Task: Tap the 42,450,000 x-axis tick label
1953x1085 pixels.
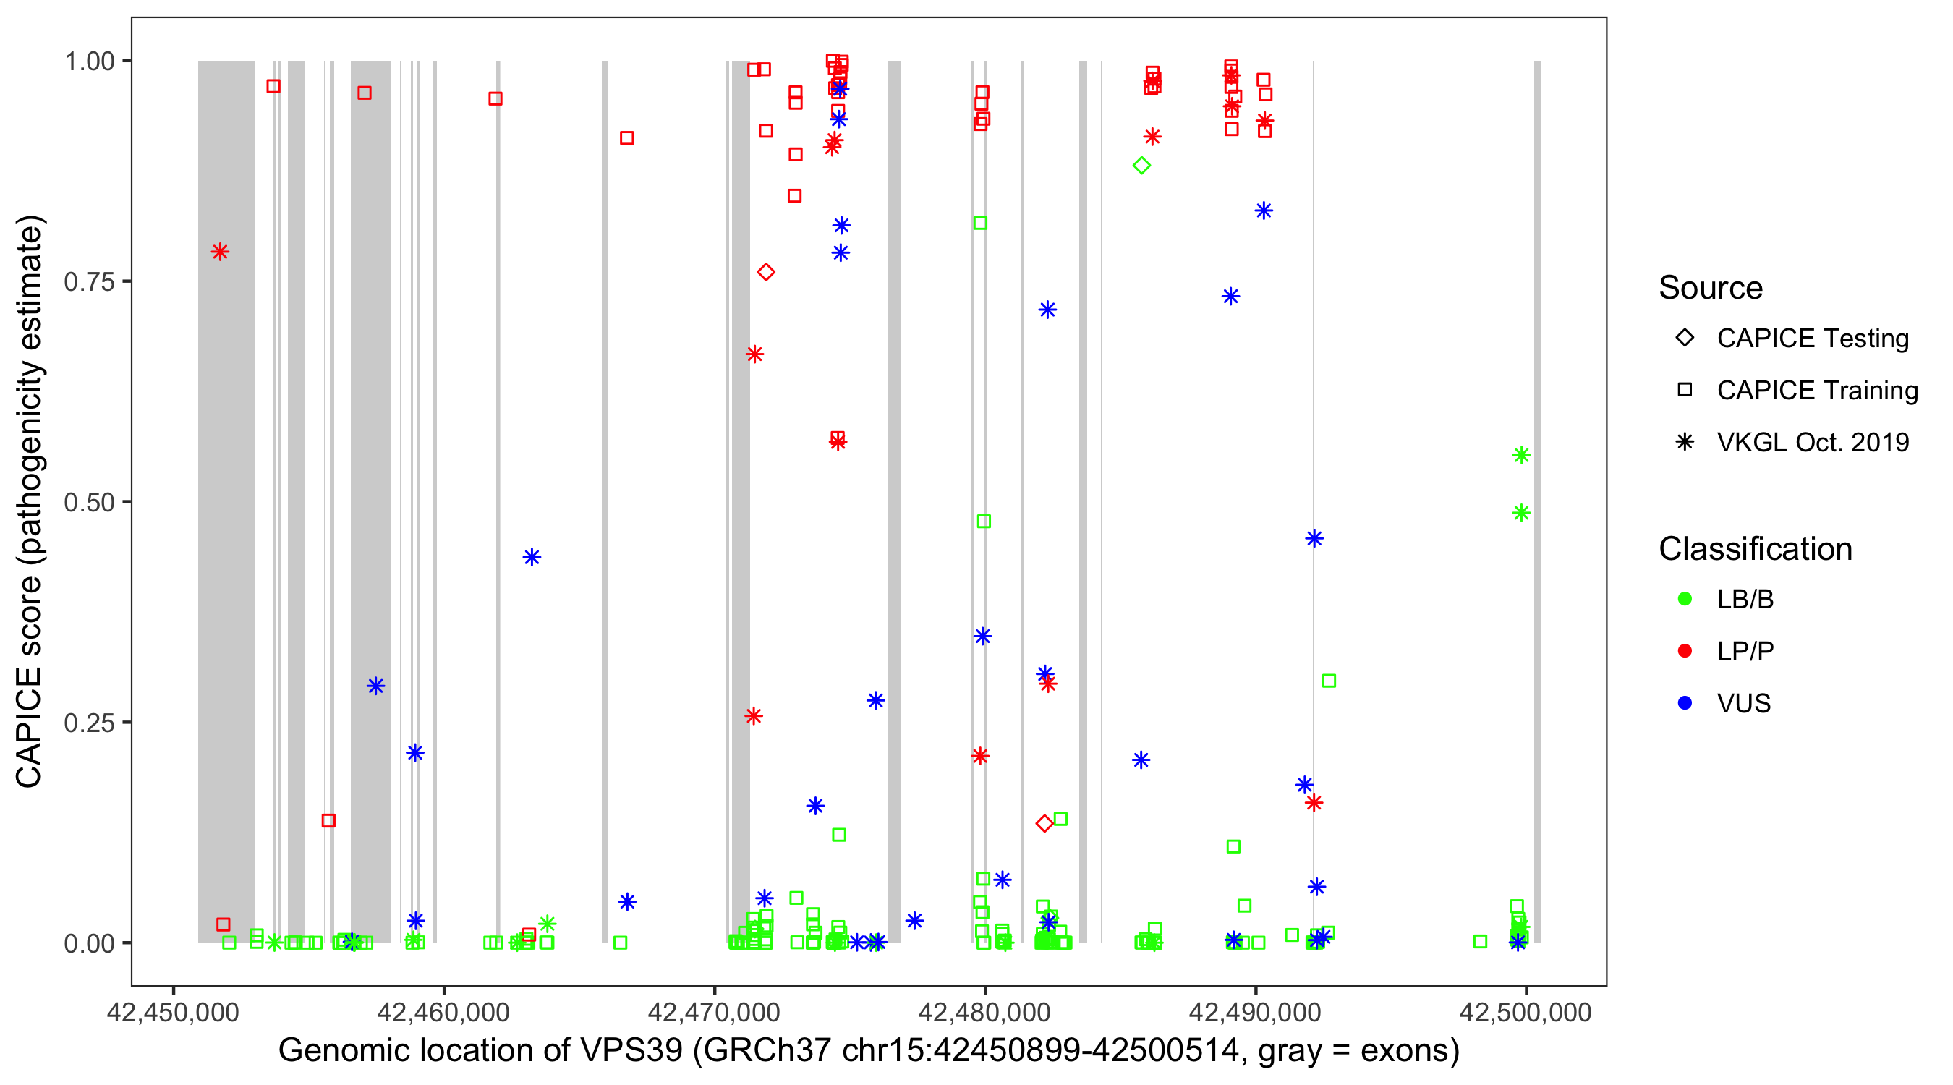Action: [173, 1013]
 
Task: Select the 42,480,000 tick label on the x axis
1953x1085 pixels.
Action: [985, 1013]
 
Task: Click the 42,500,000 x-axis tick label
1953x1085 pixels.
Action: [1526, 1013]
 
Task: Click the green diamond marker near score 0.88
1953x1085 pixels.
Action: [1141, 166]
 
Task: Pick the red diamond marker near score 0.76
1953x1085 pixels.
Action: [766, 272]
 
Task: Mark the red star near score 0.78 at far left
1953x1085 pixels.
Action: [220, 252]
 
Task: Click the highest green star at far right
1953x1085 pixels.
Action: [1521, 455]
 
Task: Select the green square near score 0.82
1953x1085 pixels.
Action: [979, 223]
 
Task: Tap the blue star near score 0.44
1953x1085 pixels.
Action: [532, 557]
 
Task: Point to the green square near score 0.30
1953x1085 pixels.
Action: [1328, 681]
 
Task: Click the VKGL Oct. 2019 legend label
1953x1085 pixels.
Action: [1813, 443]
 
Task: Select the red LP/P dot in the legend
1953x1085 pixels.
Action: [1685, 651]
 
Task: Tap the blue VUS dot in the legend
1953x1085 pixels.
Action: [1685, 704]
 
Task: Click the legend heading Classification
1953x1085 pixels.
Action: [1755, 549]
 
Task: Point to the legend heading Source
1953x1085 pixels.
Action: [1711, 288]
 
